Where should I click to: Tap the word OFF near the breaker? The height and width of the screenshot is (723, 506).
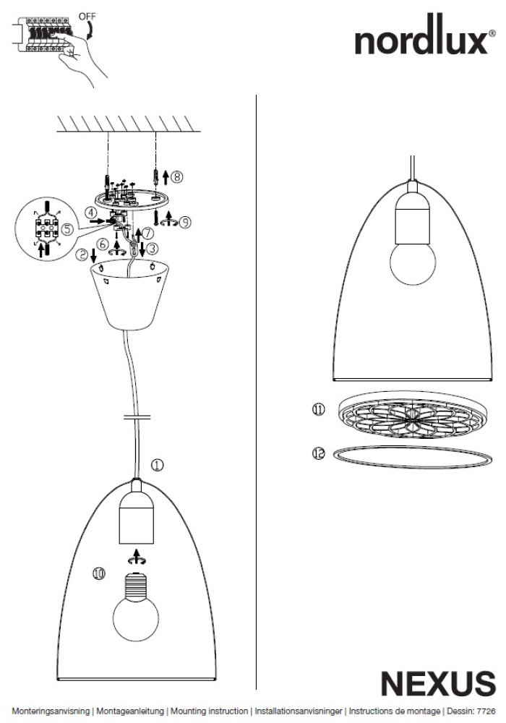(x=87, y=17)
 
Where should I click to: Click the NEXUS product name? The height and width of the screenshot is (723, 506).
(x=438, y=683)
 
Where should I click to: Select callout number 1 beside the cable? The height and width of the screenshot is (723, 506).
(x=157, y=465)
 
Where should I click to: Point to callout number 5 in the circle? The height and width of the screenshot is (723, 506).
(x=67, y=229)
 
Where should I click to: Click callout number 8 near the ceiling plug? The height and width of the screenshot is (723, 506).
(x=177, y=176)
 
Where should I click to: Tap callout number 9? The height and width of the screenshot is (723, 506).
(x=184, y=222)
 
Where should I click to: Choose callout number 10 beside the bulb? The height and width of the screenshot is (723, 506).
(x=99, y=573)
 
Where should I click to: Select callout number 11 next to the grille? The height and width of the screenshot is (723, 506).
(x=319, y=409)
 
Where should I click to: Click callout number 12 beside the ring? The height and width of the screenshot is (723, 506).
(x=319, y=454)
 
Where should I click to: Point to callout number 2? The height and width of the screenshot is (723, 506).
(x=82, y=254)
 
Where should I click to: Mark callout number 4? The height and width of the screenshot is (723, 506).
(x=91, y=213)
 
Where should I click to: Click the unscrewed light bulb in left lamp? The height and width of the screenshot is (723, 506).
(x=137, y=607)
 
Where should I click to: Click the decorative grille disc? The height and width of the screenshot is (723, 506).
(x=413, y=415)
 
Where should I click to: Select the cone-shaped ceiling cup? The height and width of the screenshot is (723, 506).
(x=129, y=294)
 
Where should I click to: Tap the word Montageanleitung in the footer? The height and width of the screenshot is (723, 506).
(x=130, y=711)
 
